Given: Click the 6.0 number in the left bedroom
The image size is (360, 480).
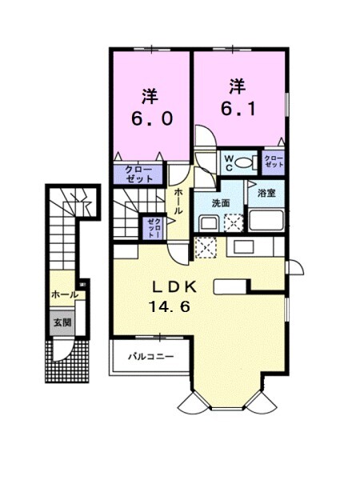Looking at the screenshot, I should pyautogui.click(x=149, y=121).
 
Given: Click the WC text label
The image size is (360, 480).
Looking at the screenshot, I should pyautogui.click(x=228, y=162).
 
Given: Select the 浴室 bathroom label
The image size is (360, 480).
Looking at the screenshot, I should pyautogui.click(x=266, y=194).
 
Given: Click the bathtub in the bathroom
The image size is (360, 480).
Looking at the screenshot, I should pyautogui.click(x=266, y=220).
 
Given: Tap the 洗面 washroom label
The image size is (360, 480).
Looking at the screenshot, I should pyautogui.click(x=222, y=204).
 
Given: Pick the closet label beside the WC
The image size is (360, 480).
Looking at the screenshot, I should pyautogui.click(x=274, y=162).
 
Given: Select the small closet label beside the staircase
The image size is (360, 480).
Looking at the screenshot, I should pyautogui.click(x=152, y=228).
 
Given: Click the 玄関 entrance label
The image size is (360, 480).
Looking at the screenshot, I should pyautogui.click(x=62, y=323).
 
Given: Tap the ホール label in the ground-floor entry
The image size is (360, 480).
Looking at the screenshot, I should pyautogui.click(x=64, y=294).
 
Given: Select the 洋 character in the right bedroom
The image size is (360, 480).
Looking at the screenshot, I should pyautogui.click(x=237, y=84).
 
